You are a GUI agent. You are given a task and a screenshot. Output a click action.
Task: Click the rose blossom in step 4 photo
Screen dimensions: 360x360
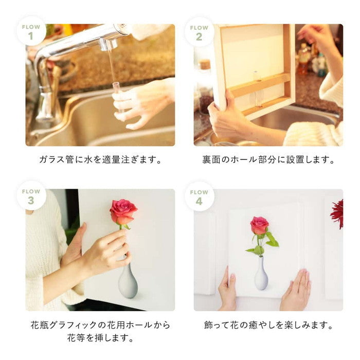click(x=259, y=225)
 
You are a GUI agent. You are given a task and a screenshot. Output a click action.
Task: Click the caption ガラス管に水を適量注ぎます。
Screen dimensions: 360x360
click(x=100, y=159)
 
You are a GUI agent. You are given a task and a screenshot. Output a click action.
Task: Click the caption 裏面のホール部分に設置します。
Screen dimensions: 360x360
click(x=268, y=159)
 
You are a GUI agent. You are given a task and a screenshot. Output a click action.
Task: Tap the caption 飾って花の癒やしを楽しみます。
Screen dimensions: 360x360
click(x=268, y=325)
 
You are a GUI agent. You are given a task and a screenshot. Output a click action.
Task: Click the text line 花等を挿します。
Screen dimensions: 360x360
click(x=100, y=338)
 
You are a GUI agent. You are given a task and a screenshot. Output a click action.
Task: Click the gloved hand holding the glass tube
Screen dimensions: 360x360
click(x=141, y=103)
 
